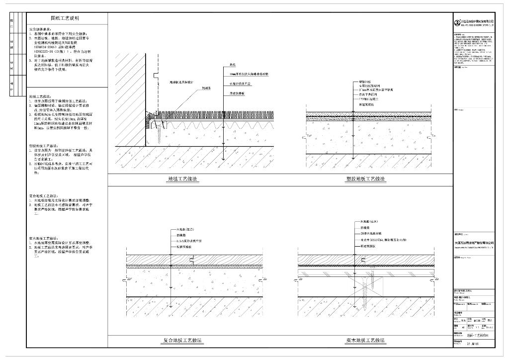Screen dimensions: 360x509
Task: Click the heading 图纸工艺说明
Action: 68,18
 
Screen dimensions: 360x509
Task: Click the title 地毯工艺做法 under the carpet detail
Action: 183,179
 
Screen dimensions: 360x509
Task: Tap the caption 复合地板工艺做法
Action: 183,341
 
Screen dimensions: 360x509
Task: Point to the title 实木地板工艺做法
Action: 366,341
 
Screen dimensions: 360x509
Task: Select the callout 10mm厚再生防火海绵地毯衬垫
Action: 249,73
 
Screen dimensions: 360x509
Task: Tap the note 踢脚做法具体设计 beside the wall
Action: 181,82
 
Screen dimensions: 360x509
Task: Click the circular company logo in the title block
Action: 457,22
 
